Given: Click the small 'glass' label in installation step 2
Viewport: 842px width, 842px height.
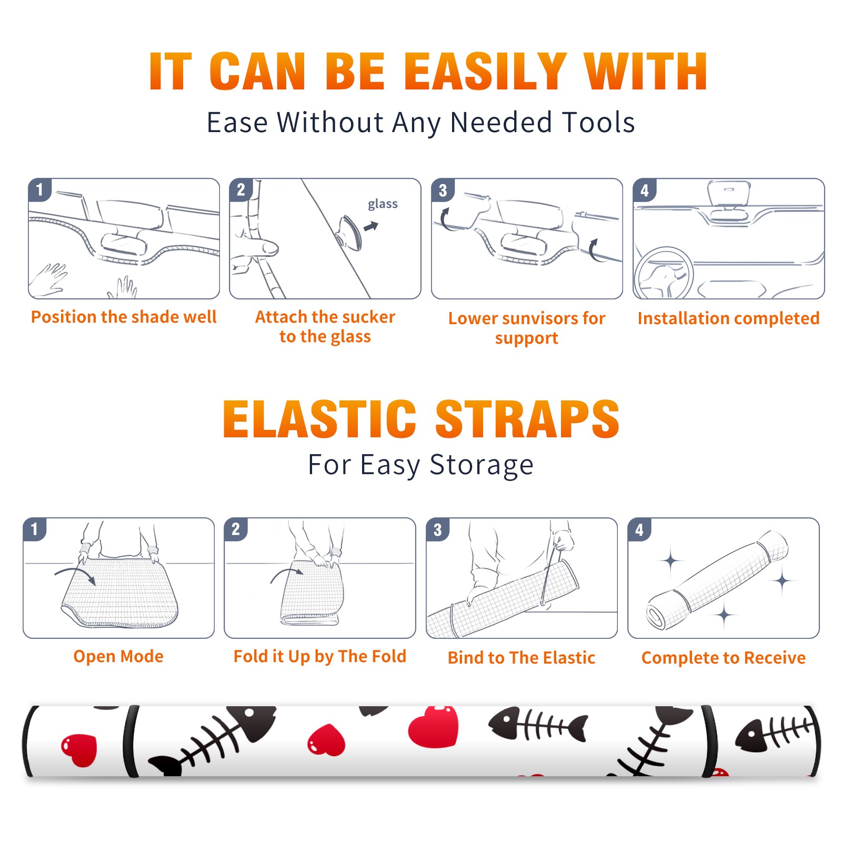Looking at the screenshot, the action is [383, 204].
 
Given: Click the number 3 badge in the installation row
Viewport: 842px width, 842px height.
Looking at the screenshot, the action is [443, 190].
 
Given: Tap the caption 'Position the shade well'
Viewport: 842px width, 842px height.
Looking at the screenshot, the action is [124, 317].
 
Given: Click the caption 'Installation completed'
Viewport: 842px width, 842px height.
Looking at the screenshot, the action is [728, 318].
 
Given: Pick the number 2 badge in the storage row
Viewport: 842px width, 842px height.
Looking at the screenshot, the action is [236, 529].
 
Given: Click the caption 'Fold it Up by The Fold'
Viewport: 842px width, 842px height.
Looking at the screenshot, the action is [320, 656].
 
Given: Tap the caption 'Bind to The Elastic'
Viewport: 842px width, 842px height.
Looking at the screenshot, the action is [522, 657].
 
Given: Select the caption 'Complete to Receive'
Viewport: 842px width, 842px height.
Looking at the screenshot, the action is [724, 657].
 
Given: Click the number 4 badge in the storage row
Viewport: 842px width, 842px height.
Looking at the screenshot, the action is [639, 529].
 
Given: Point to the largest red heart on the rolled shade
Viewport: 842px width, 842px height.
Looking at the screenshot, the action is [434, 726].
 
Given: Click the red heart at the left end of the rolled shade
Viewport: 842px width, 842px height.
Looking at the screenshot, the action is [79, 749].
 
